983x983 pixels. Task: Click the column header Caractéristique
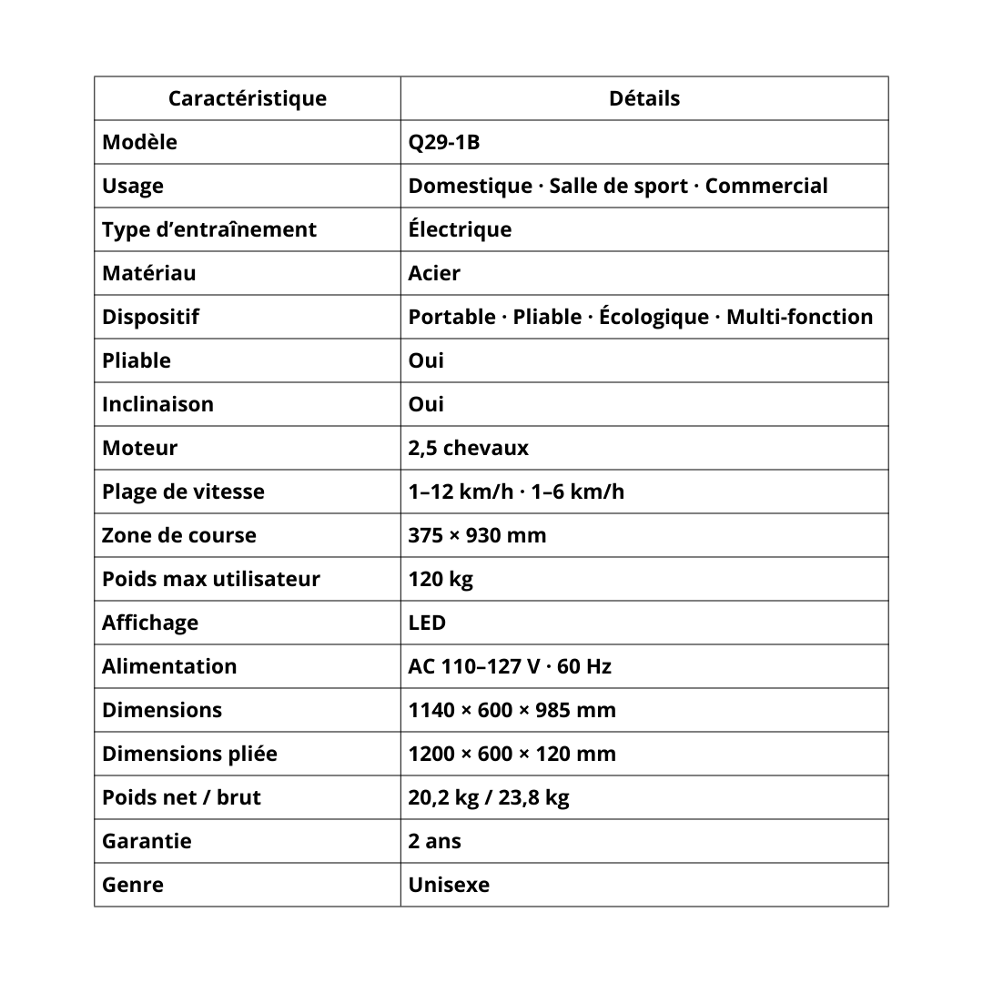click(247, 98)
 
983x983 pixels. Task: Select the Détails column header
click(644, 98)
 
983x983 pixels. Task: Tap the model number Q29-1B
click(443, 142)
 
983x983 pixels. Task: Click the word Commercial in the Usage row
click(766, 186)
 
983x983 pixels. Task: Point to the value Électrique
click(460, 229)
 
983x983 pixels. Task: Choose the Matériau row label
click(148, 273)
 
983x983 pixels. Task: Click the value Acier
click(434, 273)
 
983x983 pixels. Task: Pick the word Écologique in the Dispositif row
click(654, 317)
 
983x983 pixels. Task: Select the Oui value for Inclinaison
click(426, 404)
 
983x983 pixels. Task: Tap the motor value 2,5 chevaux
click(468, 448)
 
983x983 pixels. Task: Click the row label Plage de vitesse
click(183, 491)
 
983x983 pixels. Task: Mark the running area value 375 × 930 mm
click(477, 535)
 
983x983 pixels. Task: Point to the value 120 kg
click(441, 579)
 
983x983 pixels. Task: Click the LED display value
click(427, 623)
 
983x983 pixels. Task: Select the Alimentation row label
click(169, 666)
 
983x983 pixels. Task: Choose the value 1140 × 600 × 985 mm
click(512, 710)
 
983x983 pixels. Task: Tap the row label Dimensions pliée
click(189, 754)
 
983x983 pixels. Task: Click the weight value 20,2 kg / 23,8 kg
click(489, 797)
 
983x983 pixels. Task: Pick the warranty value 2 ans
click(434, 841)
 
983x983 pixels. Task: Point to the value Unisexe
click(449, 885)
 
